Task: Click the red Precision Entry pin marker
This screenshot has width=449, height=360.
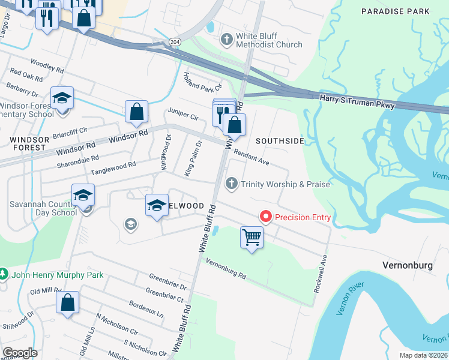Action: coord(264,217)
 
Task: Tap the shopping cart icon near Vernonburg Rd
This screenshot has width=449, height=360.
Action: coord(252,237)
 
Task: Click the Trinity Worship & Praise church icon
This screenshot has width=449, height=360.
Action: coord(230,184)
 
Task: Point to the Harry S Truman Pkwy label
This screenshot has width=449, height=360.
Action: coord(357,101)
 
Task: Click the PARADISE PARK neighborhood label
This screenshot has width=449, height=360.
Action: coord(396,11)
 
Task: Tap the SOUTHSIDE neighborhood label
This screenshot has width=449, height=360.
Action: coord(280,141)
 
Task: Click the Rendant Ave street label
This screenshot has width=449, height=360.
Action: coord(251,158)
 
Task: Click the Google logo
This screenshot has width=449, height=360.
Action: coord(20,353)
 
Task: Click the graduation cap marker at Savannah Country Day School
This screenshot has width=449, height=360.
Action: coord(83,194)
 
